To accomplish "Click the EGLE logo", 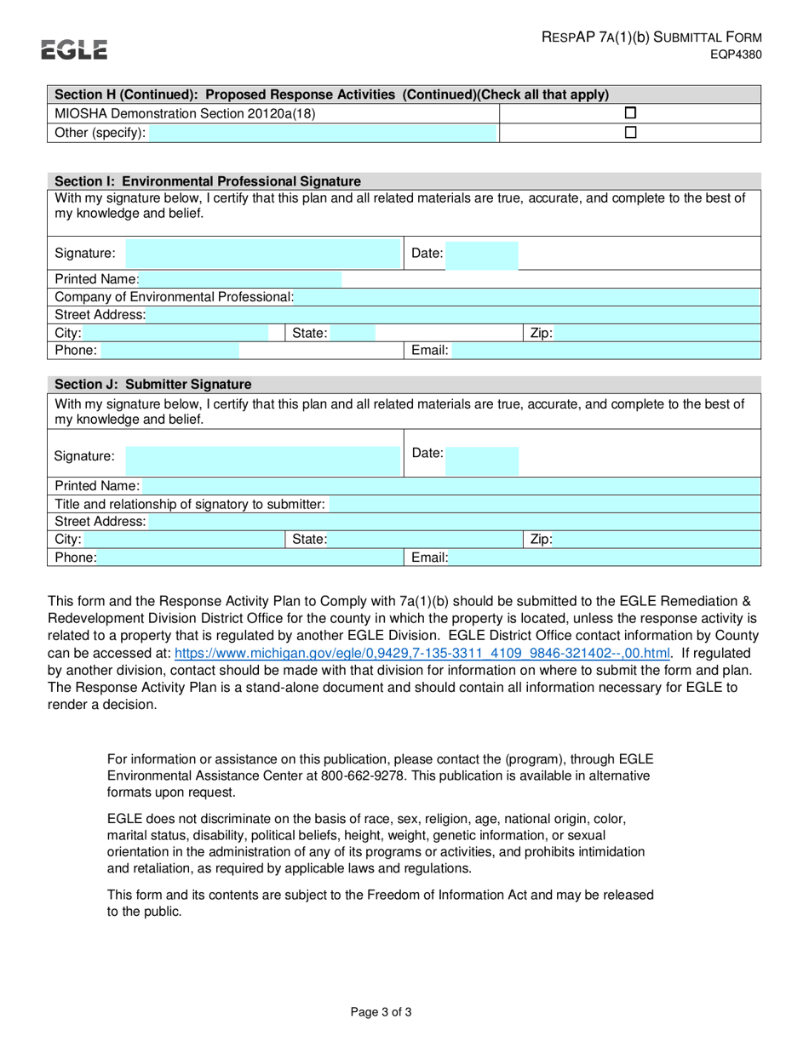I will tap(75, 50).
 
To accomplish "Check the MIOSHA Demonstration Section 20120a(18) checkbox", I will tap(630, 113).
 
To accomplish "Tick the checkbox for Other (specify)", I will tap(630, 133).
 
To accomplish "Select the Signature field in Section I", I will tap(262, 254).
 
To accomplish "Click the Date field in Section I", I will tap(482, 254).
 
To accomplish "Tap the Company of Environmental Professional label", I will tap(174, 296).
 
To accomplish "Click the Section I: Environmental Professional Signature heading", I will tap(208, 181).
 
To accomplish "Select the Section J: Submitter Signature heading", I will tap(153, 385).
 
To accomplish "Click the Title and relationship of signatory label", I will tap(189, 505).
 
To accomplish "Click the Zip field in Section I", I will tap(656, 334).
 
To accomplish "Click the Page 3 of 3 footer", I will tap(382, 1012).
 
